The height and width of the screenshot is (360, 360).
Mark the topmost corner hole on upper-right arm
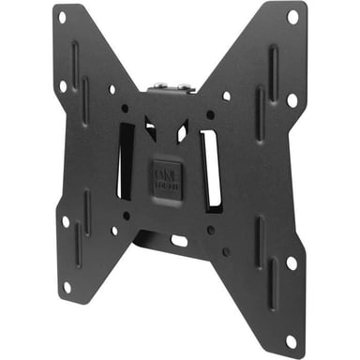292,16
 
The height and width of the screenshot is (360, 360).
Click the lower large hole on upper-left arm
64,85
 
